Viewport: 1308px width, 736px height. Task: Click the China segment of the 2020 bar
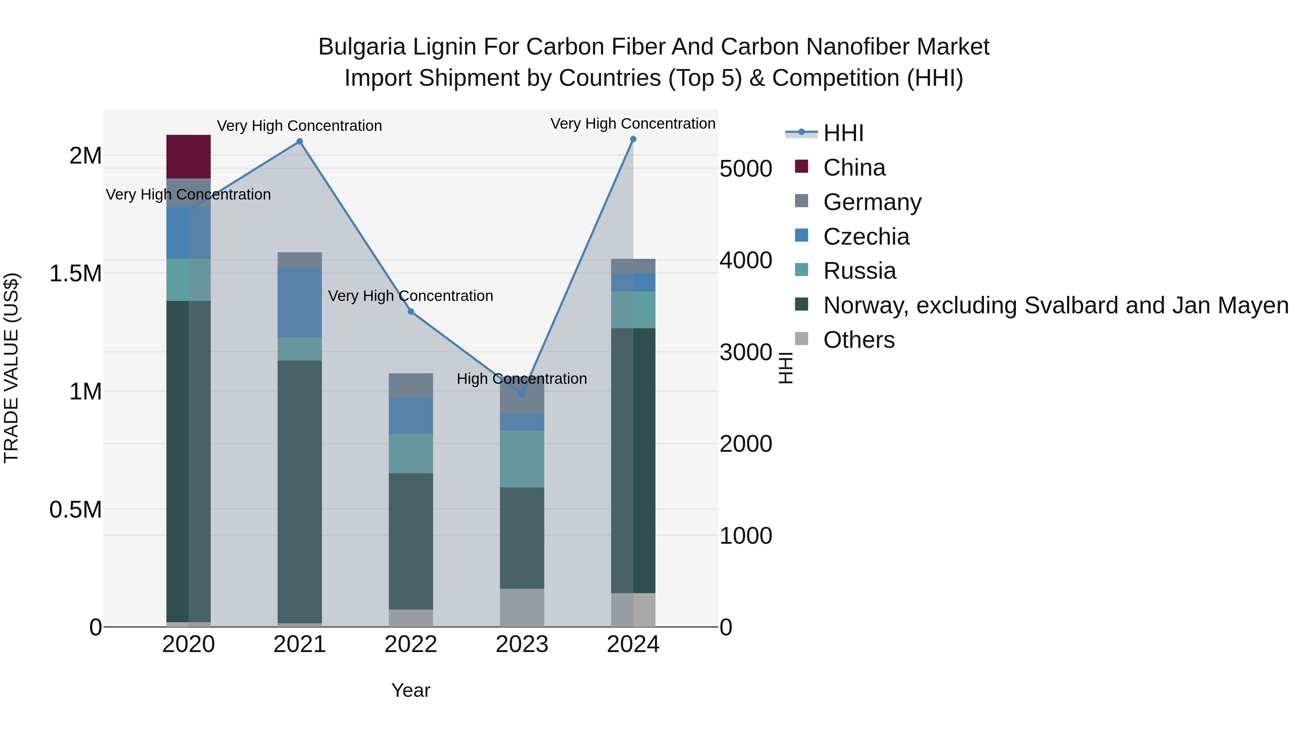click(x=188, y=156)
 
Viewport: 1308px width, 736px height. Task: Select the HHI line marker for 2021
click(x=300, y=142)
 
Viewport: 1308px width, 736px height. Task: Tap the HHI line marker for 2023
click(x=522, y=394)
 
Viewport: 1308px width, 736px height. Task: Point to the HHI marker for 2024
click(x=633, y=139)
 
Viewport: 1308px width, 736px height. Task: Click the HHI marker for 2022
click(x=411, y=311)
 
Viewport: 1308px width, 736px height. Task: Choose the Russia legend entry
click(x=859, y=271)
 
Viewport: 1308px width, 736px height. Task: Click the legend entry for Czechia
click(x=866, y=237)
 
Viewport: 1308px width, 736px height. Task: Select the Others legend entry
click(x=859, y=340)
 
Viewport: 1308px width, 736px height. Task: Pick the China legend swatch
click(x=801, y=166)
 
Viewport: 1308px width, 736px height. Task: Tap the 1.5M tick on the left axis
click(x=76, y=274)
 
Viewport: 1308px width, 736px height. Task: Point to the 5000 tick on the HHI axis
click(x=746, y=169)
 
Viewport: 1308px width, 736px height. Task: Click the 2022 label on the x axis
click(x=411, y=644)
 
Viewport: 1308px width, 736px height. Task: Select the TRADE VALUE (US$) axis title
click(x=11, y=368)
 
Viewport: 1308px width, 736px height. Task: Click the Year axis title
click(x=411, y=690)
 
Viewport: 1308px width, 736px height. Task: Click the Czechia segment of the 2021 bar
click(x=300, y=302)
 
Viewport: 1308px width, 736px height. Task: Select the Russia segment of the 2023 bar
click(x=522, y=459)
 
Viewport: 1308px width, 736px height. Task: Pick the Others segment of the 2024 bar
click(x=633, y=610)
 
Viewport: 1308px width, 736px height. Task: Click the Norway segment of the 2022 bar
click(x=411, y=541)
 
